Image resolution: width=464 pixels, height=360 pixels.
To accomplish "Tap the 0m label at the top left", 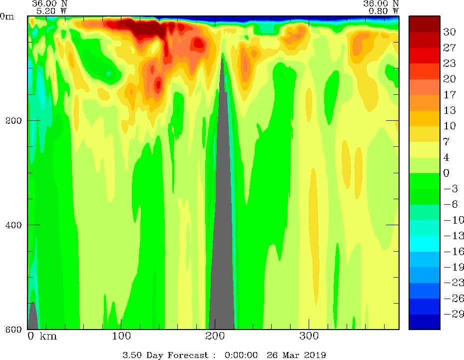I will coord(7,16).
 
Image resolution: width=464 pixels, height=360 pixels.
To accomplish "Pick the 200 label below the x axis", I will coord(215,336).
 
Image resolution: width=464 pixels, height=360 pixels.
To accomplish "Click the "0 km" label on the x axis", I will coord(42,336).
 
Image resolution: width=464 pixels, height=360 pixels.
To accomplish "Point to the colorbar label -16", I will coord(451,252).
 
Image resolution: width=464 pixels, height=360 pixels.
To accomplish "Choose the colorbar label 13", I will coord(450,110).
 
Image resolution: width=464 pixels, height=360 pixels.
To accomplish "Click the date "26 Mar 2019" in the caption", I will coord(295,355).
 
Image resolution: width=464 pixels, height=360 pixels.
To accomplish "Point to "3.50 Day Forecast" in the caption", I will coord(165,355).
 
